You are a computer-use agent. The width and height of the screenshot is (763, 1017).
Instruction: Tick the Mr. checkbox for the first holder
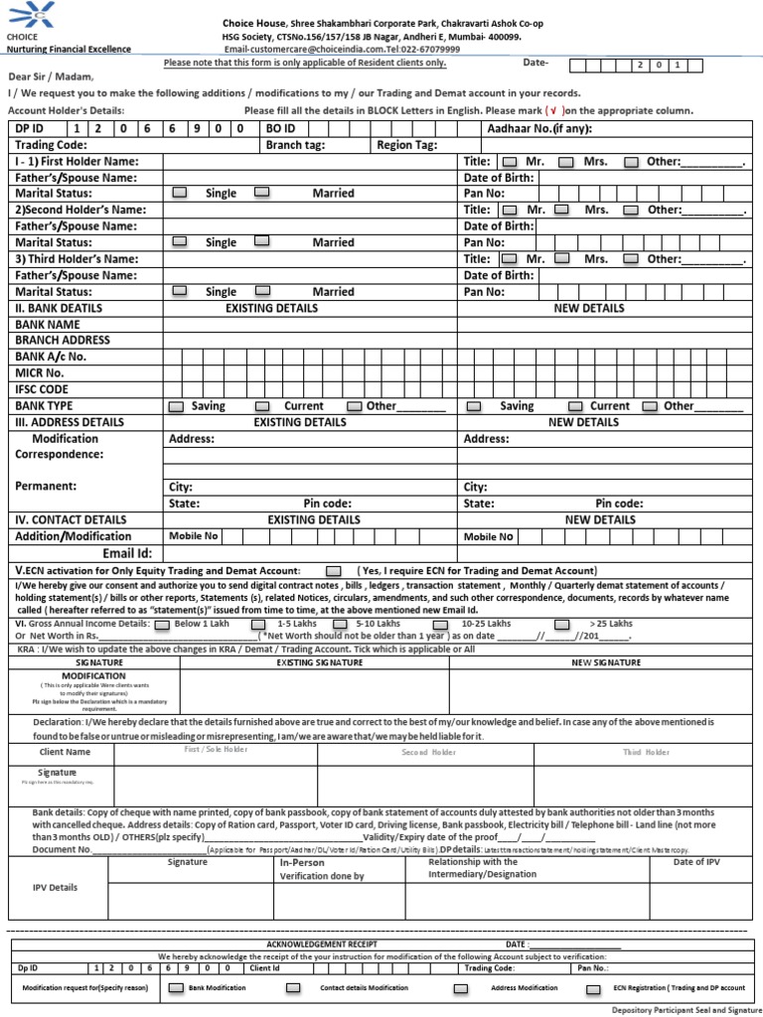point(510,161)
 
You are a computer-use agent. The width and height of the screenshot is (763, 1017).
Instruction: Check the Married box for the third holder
point(261,291)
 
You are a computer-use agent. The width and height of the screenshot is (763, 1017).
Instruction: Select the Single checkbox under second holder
point(180,241)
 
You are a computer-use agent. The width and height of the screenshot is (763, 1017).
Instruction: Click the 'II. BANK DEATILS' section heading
point(59,308)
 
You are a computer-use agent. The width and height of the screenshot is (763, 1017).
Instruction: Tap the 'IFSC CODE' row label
point(42,389)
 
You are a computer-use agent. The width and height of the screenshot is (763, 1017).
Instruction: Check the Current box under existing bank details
point(261,406)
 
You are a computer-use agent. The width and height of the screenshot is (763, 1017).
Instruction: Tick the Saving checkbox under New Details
point(474,406)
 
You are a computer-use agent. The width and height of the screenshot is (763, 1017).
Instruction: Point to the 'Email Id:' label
point(127,553)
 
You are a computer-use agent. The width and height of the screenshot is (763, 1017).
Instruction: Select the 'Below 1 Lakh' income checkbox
point(161,624)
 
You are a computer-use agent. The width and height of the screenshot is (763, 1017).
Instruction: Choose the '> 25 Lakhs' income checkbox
point(562,624)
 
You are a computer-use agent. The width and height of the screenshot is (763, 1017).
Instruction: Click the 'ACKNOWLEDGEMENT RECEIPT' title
point(315,944)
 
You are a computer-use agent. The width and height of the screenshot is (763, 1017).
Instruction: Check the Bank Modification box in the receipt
point(176,989)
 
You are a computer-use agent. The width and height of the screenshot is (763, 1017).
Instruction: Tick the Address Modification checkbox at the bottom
point(461,989)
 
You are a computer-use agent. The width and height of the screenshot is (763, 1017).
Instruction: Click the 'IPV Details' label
point(55,887)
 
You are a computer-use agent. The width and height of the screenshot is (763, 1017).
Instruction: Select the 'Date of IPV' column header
point(696,862)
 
